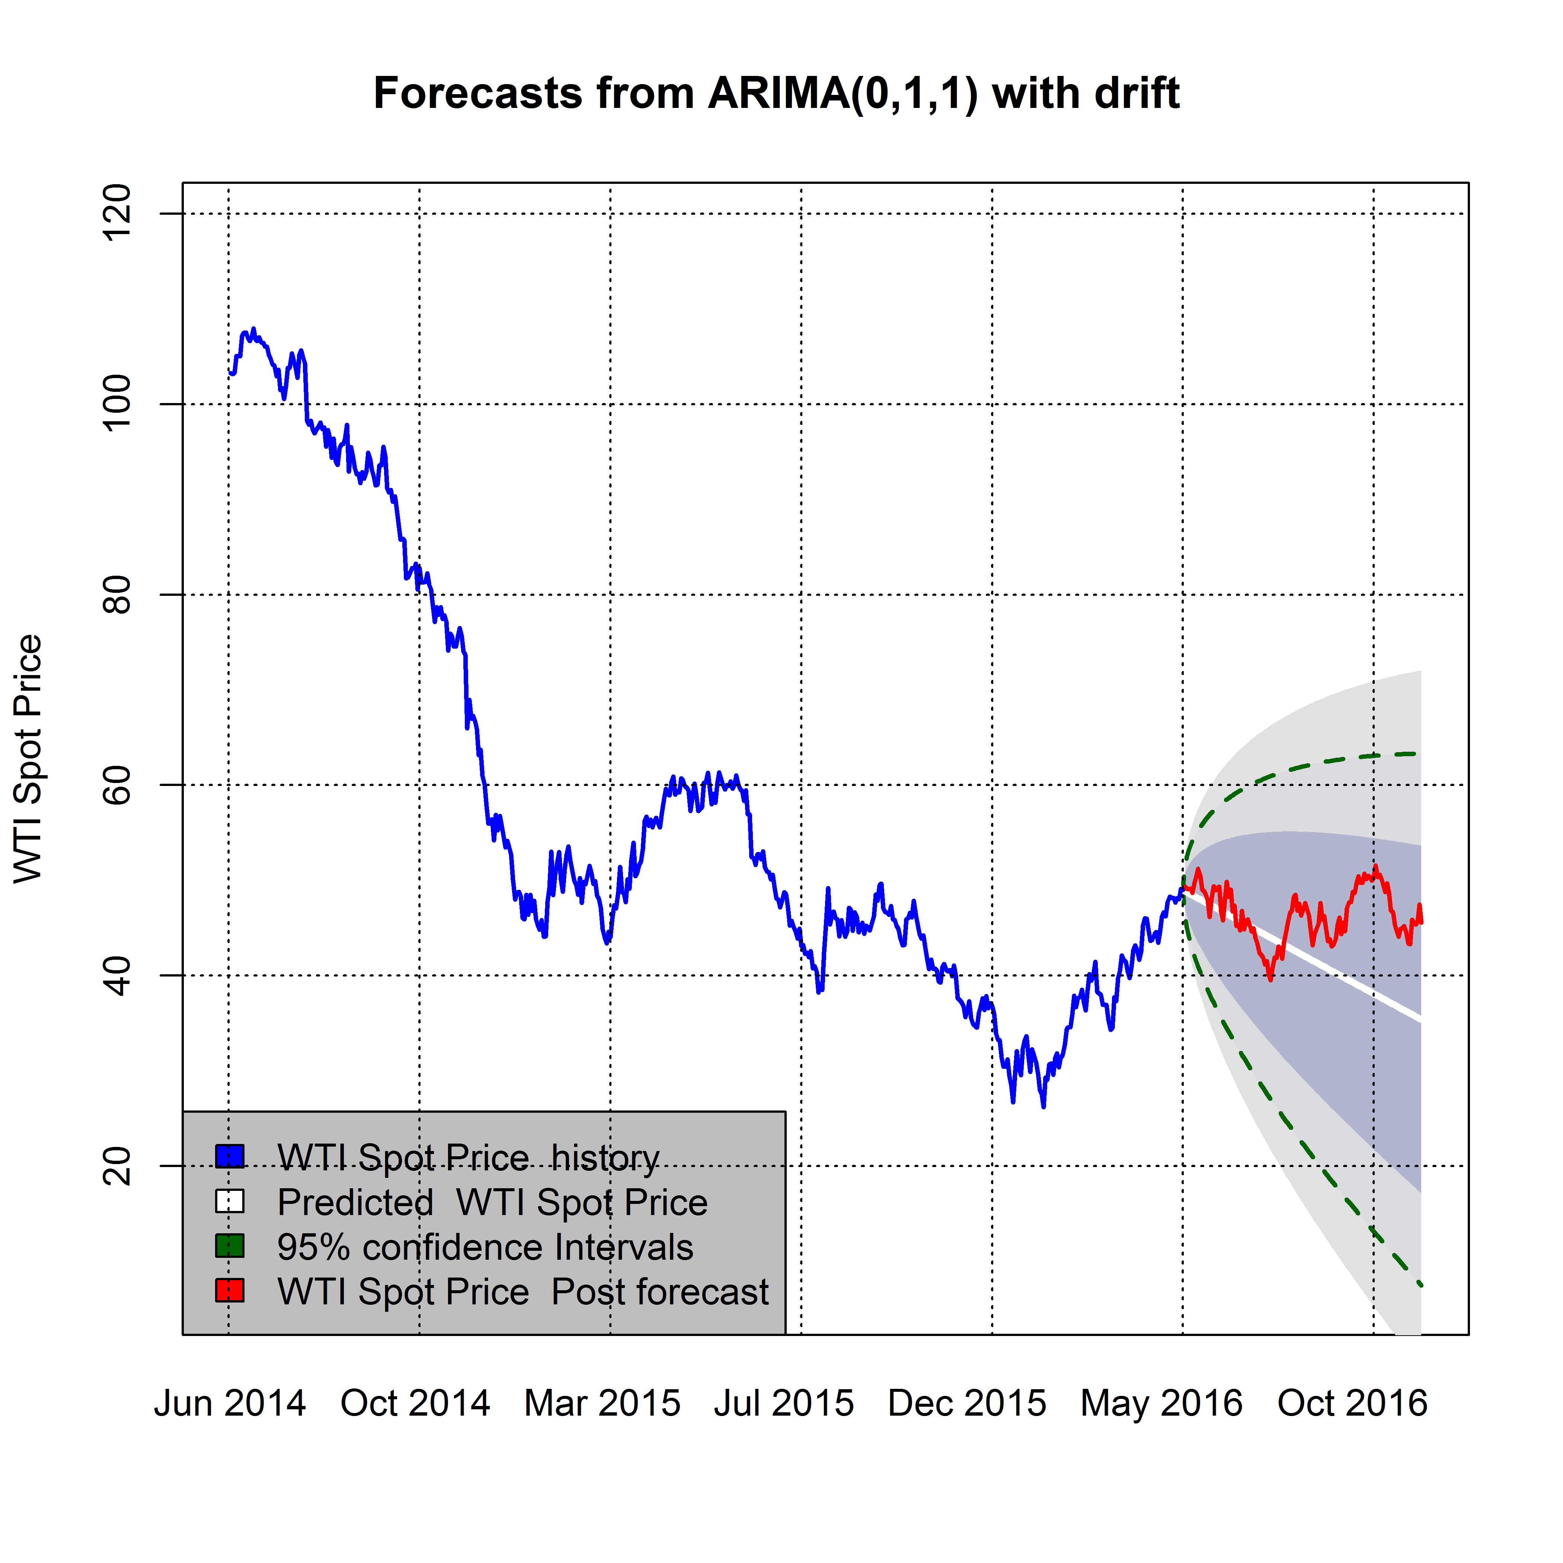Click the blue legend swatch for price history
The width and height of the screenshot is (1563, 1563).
pyautogui.click(x=230, y=1156)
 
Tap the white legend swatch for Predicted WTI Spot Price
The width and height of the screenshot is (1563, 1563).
pyautogui.click(x=230, y=1201)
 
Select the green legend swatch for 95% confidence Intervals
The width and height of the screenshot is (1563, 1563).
pyautogui.click(x=230, y=1246)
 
